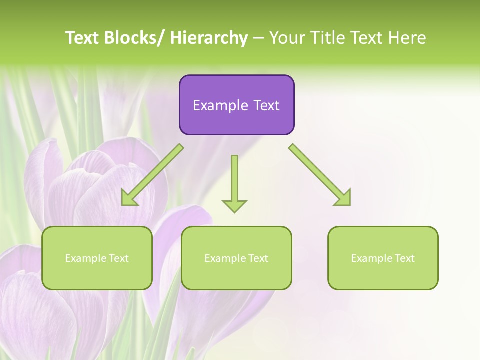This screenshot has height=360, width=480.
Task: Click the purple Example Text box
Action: coord(236,105)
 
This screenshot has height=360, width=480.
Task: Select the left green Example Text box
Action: coord(97,258)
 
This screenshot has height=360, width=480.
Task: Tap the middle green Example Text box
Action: coord(236,258)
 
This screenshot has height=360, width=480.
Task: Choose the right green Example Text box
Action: coord(383,258)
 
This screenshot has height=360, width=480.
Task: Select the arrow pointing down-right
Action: coord(320,175)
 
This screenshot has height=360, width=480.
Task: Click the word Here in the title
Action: coord(408,38)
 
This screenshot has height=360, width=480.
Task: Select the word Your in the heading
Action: coord(287,38)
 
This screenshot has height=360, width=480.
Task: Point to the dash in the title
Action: coord(258,38)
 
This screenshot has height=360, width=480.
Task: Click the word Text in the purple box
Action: coord(266,105)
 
